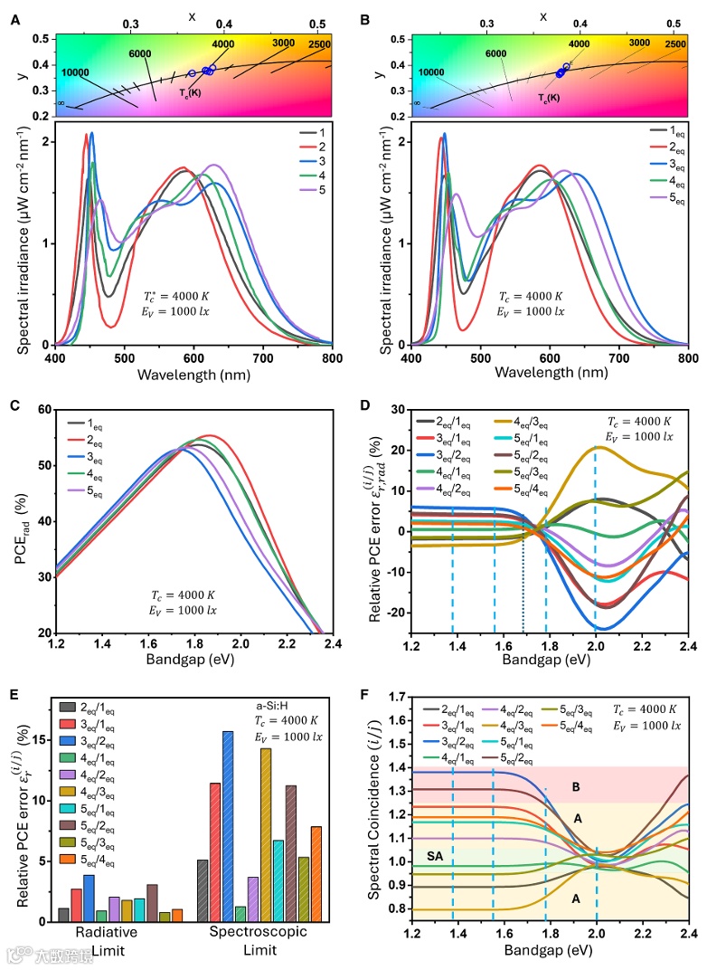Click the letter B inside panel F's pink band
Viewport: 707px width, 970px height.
coord(576,787)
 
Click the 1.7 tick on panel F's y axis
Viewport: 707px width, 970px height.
coord(396,697)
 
